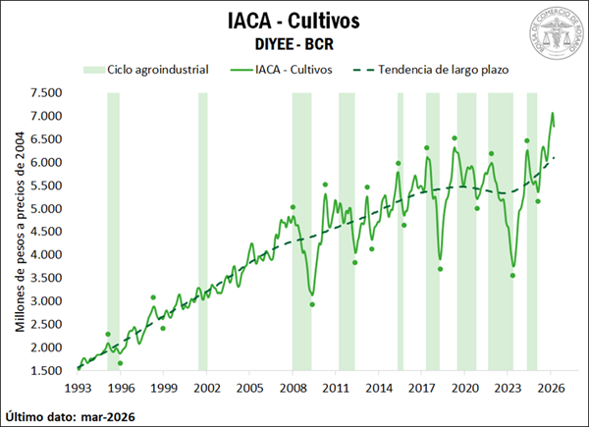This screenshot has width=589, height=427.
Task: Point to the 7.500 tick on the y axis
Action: click(x=47, y=93)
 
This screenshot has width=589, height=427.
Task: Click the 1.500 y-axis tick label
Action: click(x=47, y=370)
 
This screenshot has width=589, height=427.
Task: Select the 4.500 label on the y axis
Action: click(x=47, y=232)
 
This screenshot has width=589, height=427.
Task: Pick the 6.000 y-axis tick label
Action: click(x=47, y=162)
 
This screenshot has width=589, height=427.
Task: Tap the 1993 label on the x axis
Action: click(x=78, y=388)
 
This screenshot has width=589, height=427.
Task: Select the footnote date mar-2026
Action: click(x=107, y=416)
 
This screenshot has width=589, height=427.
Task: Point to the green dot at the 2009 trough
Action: click(x=312, y=304)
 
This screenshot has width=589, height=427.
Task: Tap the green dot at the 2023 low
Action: click(x=512, y=275)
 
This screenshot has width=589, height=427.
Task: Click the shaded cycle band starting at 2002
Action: click(x=203, y=232)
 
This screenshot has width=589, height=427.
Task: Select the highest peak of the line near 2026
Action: click(x=552, y=113)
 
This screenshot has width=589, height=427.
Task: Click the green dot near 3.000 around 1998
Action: click(x=153, y=296)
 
